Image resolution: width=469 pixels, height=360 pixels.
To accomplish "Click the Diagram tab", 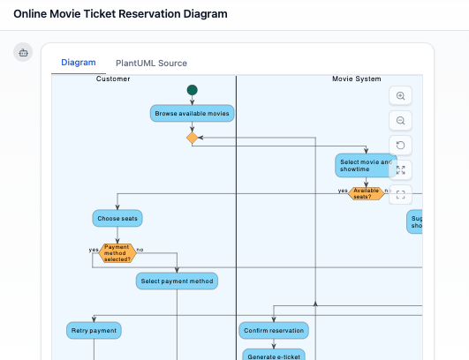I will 78,63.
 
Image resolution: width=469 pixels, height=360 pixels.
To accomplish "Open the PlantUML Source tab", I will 151,64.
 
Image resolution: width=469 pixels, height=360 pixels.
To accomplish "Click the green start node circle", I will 192,90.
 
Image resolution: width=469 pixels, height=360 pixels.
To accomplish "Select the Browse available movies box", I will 192,114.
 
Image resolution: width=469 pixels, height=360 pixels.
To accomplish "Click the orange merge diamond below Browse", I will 192,138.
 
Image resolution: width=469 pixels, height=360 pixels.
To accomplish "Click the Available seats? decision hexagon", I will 366,193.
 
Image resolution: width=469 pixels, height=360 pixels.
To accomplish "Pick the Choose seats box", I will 117,218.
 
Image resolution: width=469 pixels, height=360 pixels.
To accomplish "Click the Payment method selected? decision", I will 117,253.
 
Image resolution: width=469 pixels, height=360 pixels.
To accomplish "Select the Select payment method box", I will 177,281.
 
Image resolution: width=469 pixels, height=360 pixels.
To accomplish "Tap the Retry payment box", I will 93,331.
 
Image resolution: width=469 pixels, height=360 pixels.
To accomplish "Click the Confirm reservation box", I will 274,331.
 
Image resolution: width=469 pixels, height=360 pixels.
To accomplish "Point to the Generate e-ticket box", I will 274,355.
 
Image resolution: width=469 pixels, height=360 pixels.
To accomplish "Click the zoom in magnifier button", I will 401,96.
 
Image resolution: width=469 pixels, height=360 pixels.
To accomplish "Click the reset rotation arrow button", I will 401,146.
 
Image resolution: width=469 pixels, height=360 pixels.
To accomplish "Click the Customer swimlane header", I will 113,79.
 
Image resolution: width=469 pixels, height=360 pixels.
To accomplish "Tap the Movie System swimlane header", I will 356,79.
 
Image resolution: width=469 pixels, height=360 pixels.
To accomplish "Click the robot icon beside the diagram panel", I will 23,52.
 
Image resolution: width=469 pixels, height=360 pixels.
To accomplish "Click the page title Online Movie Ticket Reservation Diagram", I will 120,14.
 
